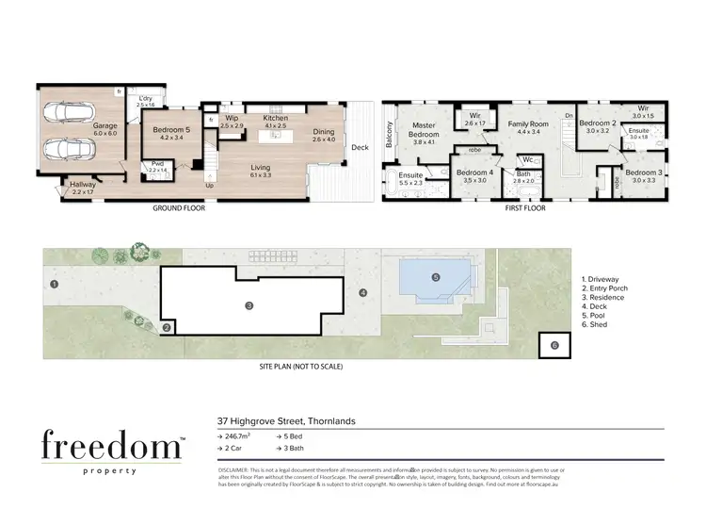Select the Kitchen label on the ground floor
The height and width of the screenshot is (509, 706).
(274, 118)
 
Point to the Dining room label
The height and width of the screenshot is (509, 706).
(323, 133)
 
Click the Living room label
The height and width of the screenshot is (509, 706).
(259, 168)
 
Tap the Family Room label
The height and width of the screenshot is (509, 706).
(527, 123)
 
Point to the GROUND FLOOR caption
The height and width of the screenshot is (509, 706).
(178, 208)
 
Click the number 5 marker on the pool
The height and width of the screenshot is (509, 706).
(435, 277)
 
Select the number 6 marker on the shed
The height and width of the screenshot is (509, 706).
(554, 346)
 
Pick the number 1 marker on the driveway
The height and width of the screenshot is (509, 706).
(56, 283)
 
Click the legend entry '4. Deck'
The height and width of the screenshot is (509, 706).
(599, 306)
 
